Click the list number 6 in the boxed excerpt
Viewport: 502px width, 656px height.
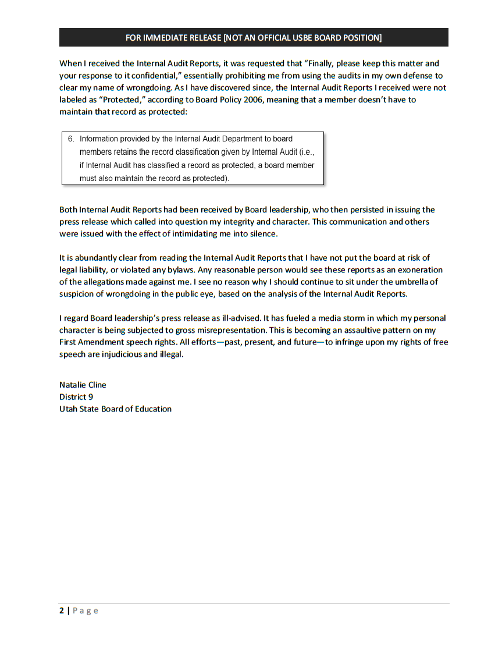coord(71,139)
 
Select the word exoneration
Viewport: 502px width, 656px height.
coord(420,270)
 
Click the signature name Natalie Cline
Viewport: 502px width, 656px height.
coord(83,385)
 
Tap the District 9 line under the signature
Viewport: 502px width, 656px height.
coord(76,397)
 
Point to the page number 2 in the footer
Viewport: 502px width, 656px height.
coord(62,611)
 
